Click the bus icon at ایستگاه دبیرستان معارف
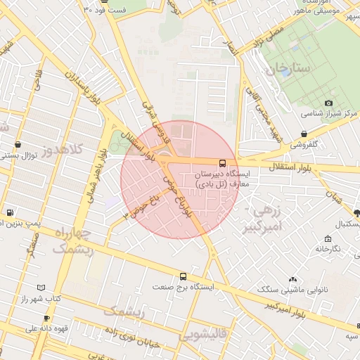[x=223, y=164]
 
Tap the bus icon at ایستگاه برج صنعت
[x=184, y=276]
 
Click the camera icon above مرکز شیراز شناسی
[x=328, y=103]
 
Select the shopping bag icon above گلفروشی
[x=303, y=134]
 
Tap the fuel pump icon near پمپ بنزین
[x=9, y=213]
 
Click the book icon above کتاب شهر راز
[x=41, y=288]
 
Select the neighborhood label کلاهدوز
[x=61, y=150]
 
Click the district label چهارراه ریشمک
[x=73, y=239]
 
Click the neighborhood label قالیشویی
[x=203, y=335]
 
